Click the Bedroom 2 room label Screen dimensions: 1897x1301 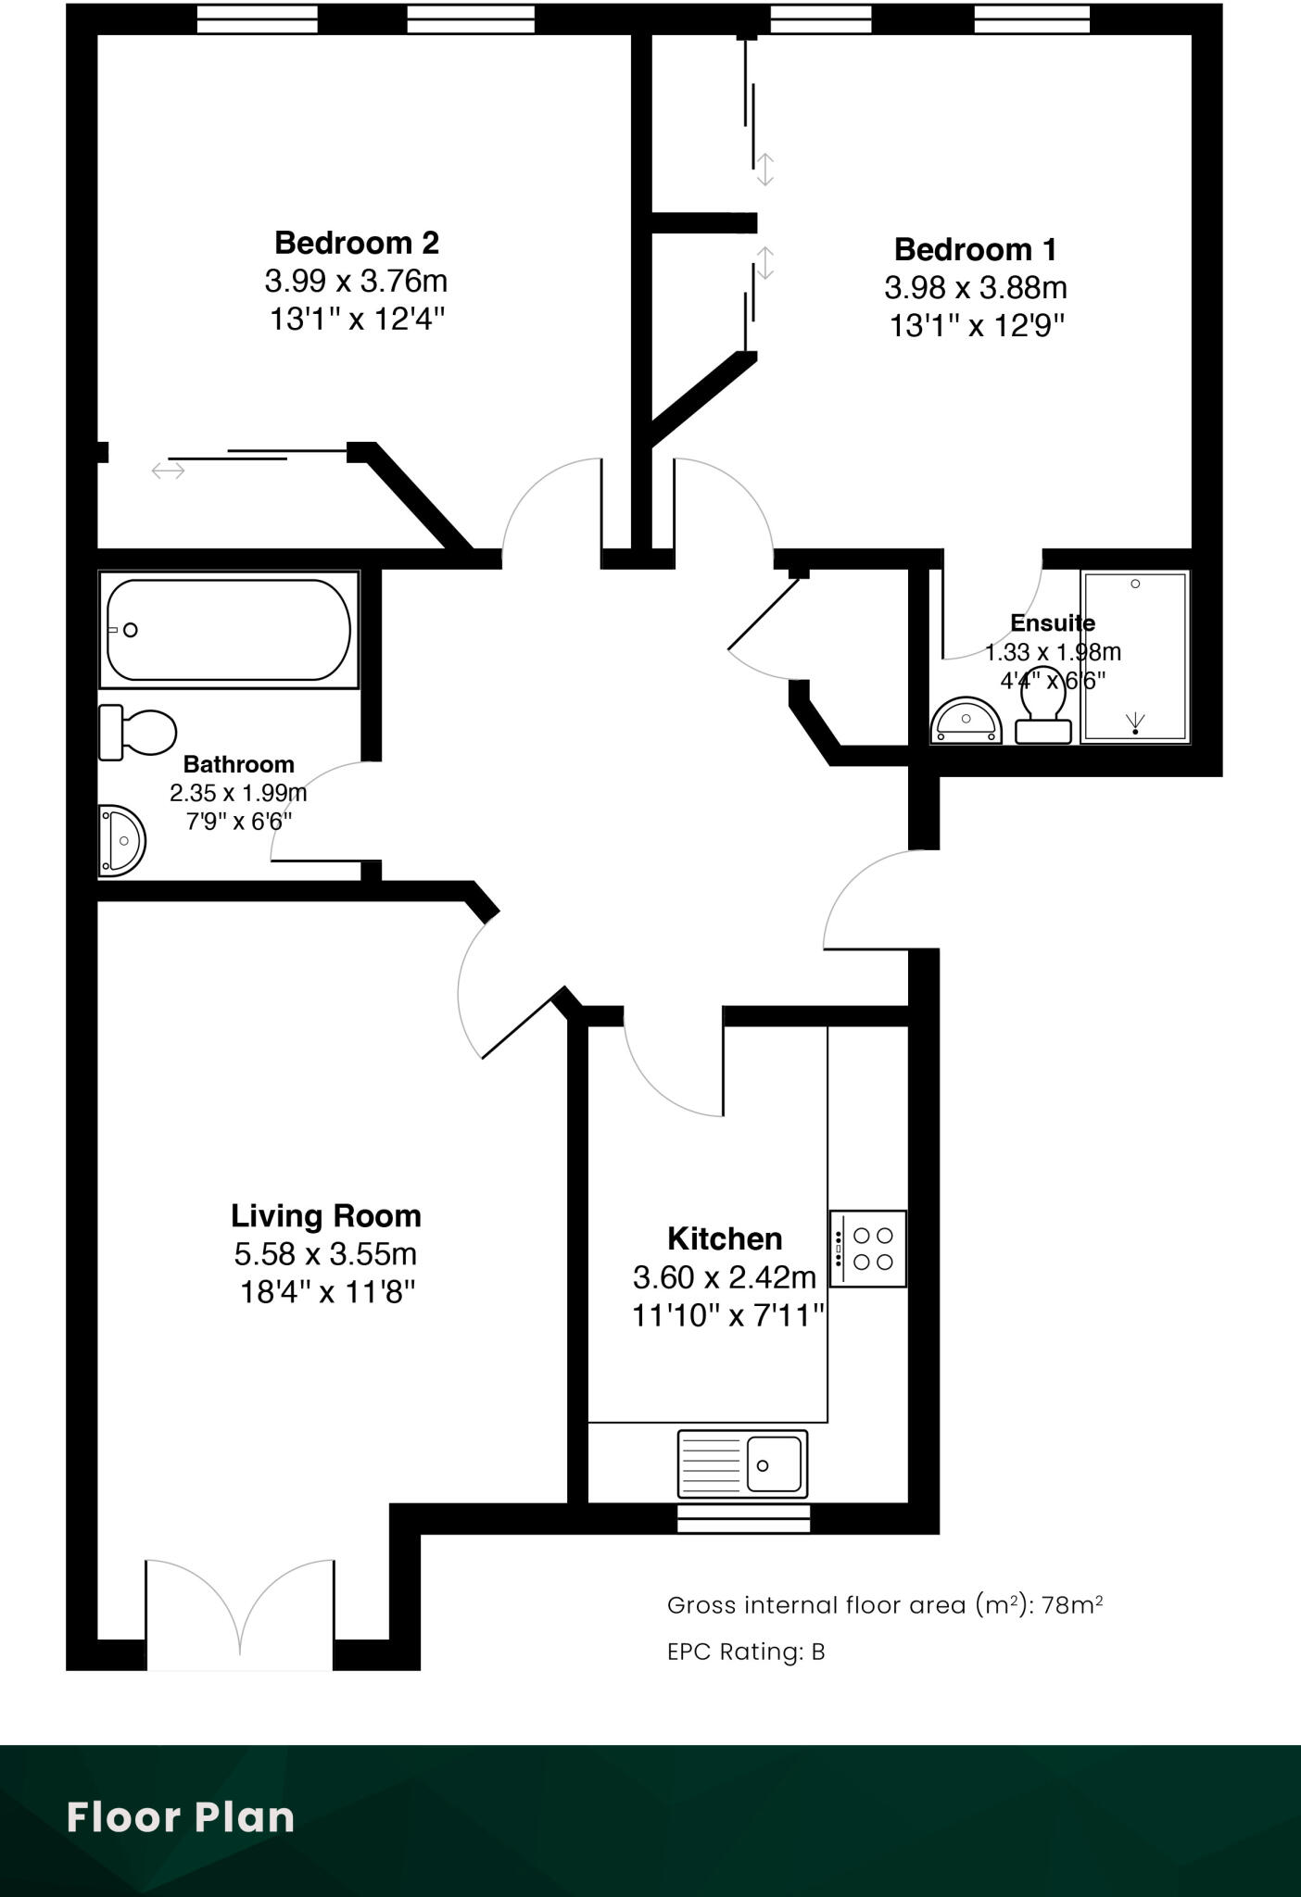356,243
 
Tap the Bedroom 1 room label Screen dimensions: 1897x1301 975,249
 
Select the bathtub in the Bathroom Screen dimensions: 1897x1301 228,630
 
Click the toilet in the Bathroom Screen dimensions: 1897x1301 139,732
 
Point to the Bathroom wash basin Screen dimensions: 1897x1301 121,840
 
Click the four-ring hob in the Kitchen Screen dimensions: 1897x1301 868,1248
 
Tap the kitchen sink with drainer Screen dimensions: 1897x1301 742,1464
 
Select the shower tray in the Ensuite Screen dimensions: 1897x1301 1134,657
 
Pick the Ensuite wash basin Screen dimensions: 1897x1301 966,721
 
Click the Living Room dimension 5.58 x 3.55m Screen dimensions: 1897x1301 325,1254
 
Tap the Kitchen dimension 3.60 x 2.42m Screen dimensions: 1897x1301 724,1277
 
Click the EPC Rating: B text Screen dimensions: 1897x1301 745,1652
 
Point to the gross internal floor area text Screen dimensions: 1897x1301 884,1604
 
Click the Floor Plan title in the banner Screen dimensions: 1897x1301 181,1817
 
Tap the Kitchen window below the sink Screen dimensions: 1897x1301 743,1518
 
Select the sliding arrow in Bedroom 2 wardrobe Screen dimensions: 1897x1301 169,471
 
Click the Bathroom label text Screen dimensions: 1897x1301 238,764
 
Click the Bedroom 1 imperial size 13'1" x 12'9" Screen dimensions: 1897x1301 976,326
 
